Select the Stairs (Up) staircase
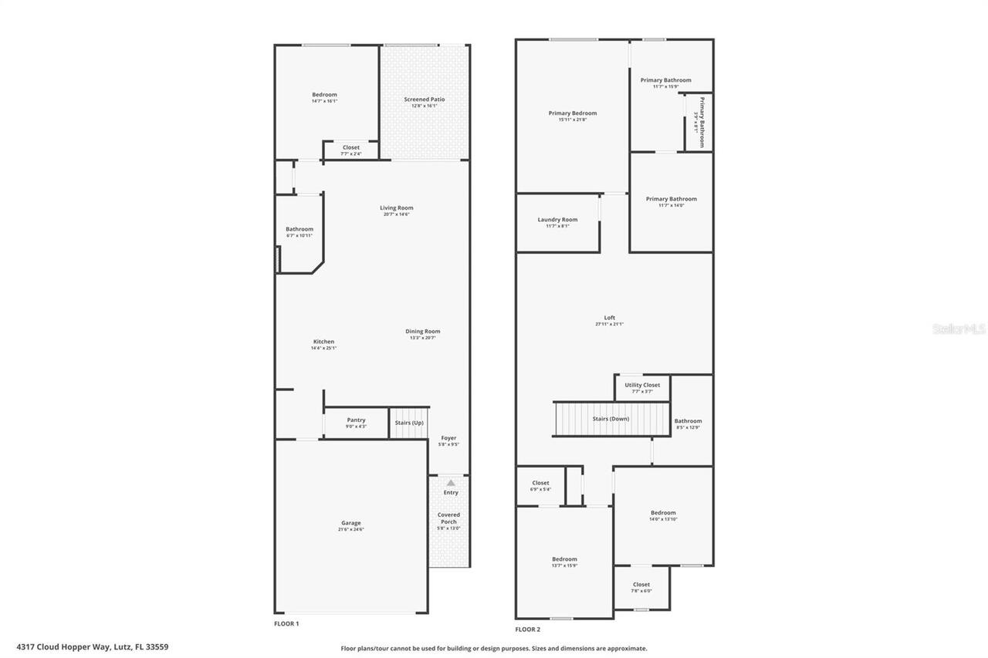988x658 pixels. [x=408, y=423]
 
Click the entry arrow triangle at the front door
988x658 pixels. [x=451, y=483]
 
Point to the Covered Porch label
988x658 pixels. [x=448, y=518]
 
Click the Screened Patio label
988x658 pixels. [x=424, y=100]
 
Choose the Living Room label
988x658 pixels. [x=396, y=208]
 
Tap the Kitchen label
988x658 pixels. [x=323, y=342]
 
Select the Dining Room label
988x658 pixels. [x=422, y=332]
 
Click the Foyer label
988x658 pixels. [x=448, y=438]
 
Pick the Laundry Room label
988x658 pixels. [x=557, y=220]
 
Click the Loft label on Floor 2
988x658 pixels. [x=609, y=318]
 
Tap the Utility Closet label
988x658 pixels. [x=642, y=385]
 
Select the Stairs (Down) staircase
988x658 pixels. [x=611, y=419]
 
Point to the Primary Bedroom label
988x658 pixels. [x=572, y=113]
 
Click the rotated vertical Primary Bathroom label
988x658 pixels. [x=702, y=122]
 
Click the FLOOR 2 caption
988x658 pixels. [x=527, y=629]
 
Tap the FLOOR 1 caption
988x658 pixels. [x=286, y=623]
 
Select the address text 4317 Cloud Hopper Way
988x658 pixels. [x=92, y=647]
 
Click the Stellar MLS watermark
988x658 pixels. [x=959, y=329]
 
